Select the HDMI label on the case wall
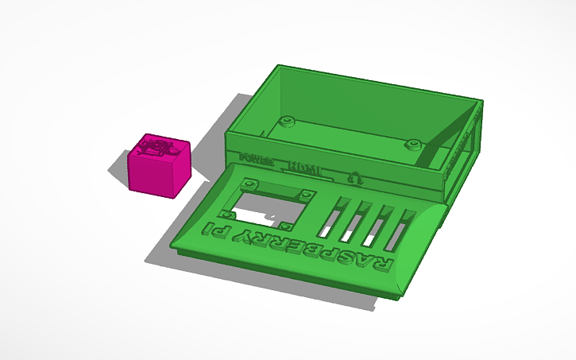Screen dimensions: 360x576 coord(305,168)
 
